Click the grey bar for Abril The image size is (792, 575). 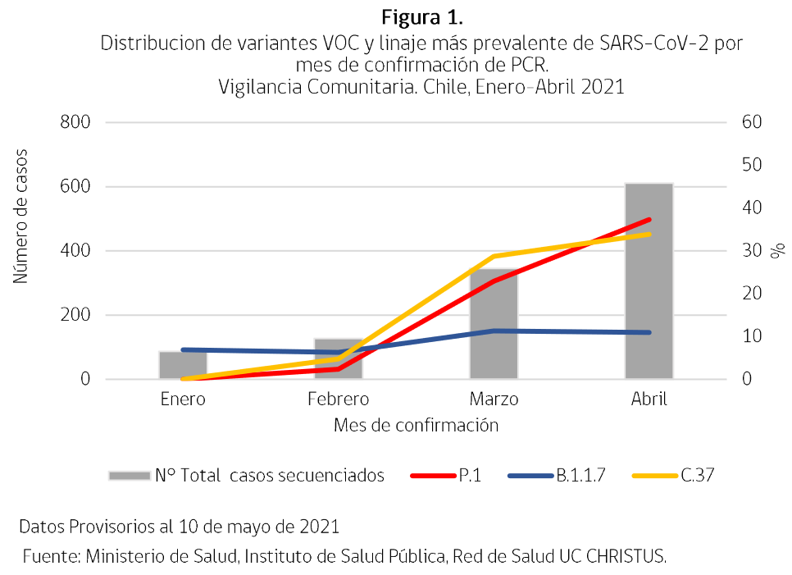[x=649, y=287]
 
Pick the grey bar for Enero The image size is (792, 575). [x=183, y=367]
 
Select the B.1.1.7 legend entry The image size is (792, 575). [x=558, y=476]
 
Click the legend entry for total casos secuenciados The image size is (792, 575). [x=246, y=476]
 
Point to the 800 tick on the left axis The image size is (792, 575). [x=75, y=122]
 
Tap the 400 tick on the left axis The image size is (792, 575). [x=75, y=251]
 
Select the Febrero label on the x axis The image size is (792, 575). [x=338, y=399]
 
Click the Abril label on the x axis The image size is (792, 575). [x=649, y=399]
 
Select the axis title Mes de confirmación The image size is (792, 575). [x=416, y=426]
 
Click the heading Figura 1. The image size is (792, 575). [x=417, y=17]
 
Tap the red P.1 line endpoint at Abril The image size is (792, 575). [x=649, y=220]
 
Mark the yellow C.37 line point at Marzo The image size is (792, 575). [x=494, y=257]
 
